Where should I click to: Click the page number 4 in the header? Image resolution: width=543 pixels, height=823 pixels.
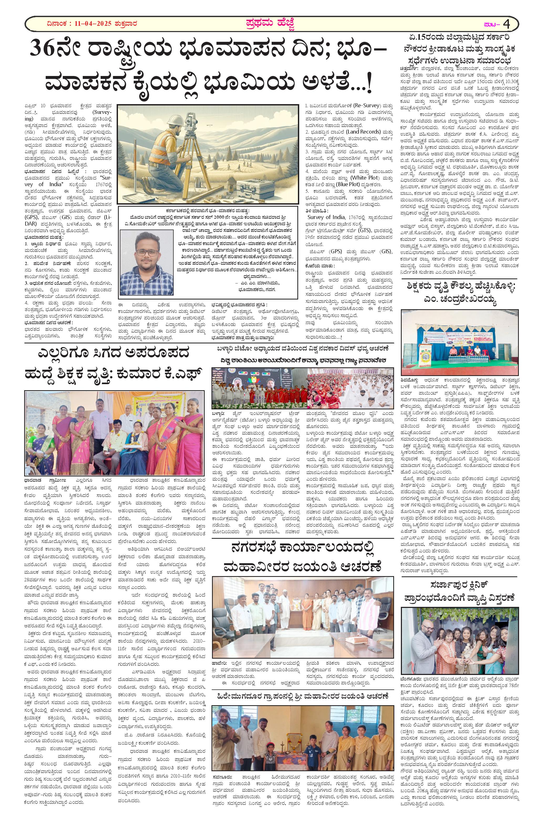click(x=507, y=24)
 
